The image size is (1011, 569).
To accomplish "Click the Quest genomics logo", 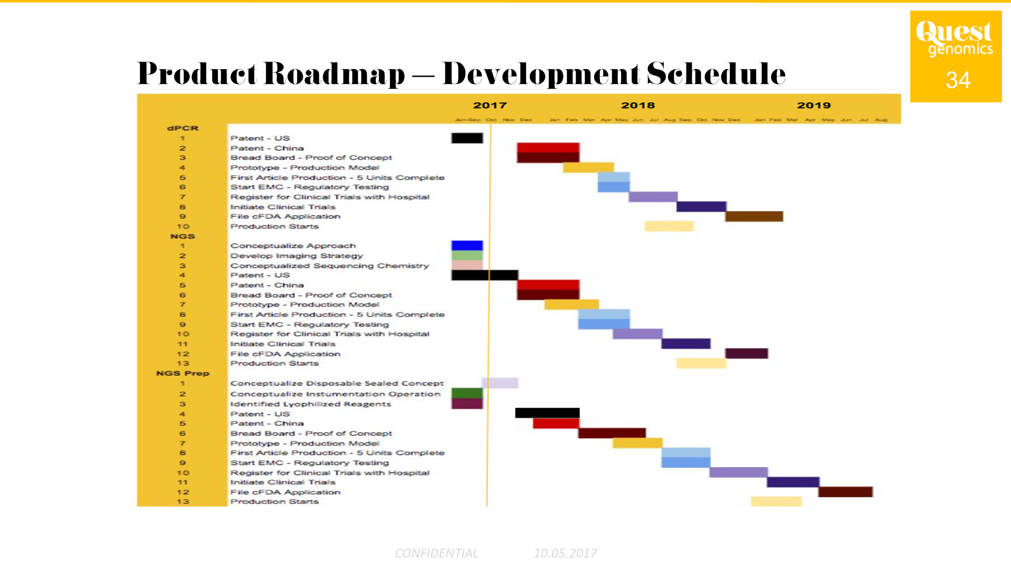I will tap(954, 38).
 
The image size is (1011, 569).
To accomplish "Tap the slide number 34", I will tap(958, 80).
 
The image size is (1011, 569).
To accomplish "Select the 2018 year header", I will tap(638, 106).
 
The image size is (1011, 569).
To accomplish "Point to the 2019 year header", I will tap(814, 106).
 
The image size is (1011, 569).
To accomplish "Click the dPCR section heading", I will tap(183, 128).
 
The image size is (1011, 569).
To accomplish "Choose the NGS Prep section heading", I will tap(183, 373).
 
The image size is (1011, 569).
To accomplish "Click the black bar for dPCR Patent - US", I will tap(467, 138).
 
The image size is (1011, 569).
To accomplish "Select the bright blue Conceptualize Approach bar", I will tap(467, 245).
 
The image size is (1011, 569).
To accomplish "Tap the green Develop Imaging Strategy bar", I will tap(467, 256).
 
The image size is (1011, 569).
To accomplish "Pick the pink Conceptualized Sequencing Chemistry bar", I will tap(467, 265).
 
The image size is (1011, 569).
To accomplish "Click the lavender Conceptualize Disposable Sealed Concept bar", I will tap(500, 383).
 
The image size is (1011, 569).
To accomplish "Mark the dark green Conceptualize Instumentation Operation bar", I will tap(467, 393).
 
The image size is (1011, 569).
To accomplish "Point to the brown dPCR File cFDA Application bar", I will tap(754, 216).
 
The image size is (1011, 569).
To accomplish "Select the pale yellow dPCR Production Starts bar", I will tap(669, 226).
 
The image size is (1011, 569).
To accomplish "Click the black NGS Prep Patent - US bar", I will tap(547, 413).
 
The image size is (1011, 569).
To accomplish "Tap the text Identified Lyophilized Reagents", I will tap(311, 404).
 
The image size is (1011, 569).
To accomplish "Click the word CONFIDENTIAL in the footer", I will tap(436, 553).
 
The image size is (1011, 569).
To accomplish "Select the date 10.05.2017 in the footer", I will tap(565, 553).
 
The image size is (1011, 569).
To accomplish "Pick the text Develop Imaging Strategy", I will tap(296, 256).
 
